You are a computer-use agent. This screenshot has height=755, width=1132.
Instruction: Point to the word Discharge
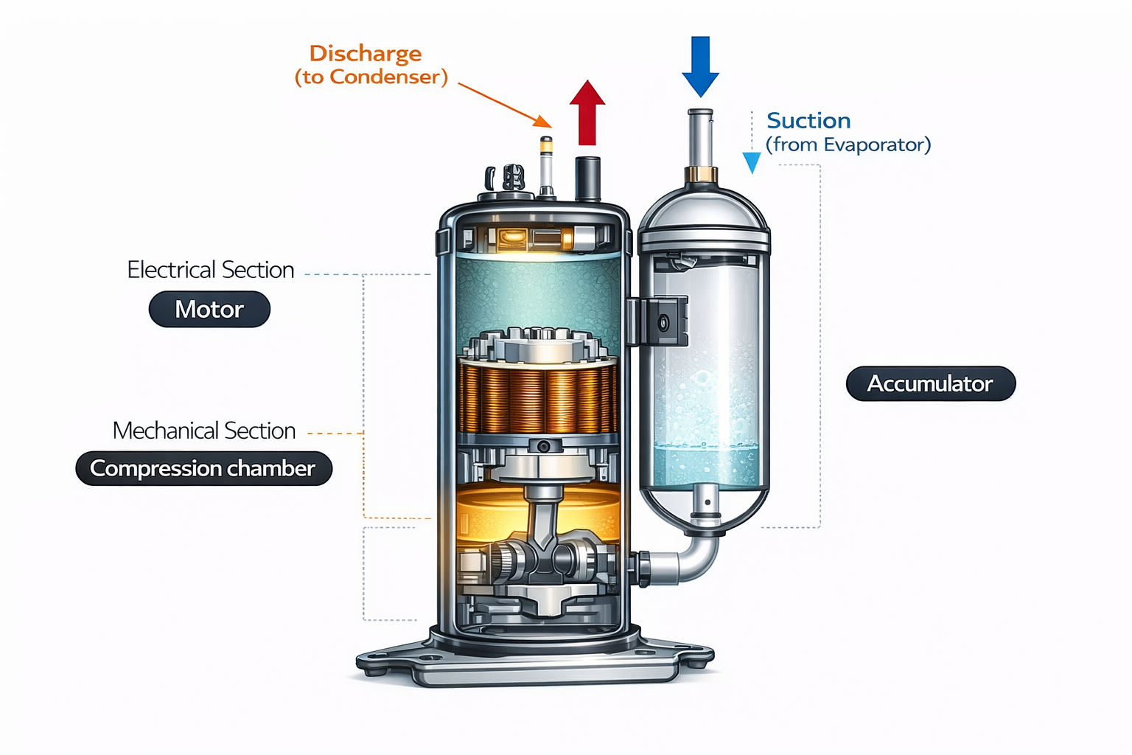(x=366, y=54)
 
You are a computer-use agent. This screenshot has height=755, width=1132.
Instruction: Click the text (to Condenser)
(x=371, y=77)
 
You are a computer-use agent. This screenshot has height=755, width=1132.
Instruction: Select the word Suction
(x=808, y=121)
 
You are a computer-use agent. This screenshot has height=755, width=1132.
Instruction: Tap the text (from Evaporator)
(x=848, y=145)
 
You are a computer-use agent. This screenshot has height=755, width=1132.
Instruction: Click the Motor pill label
(x=209, y=310)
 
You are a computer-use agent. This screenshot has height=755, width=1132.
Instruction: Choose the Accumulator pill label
(x=930, y=384)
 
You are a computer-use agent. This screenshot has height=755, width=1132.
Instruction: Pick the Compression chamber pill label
(x=203, y=469)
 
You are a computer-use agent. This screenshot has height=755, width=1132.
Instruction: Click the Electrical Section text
(x=211, y=270)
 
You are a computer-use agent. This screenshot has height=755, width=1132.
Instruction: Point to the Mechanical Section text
(x=204, y=431)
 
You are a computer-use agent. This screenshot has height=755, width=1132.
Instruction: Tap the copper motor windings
(x=538, y=398)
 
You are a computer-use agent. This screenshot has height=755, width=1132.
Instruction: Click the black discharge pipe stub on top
(x=587, y=178)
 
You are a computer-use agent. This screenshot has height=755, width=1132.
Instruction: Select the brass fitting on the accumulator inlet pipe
(x=700, y=175)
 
